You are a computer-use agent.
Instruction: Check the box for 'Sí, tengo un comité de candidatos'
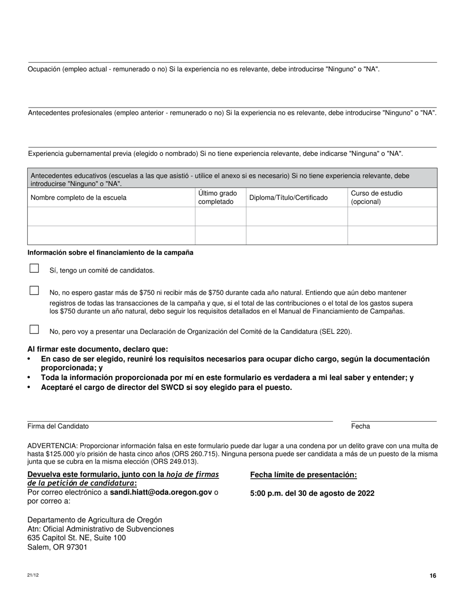(x=34, y=268)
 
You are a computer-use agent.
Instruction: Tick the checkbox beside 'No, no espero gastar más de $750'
(x=34, y=291)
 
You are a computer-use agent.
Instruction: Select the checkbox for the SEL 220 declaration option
(x=34, y=329)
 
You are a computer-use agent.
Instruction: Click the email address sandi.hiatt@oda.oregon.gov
(x=161, y=492)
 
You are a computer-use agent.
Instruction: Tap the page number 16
(x=433, y=576)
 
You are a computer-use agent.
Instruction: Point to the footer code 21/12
(x=33, y=575)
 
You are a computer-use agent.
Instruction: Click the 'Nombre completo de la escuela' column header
(x=79, y=198)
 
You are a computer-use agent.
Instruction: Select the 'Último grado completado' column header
(x=218, y=197)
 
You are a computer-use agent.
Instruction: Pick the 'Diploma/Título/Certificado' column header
(x=289, y=198)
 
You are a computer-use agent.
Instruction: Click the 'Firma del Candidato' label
(x=58, y=426)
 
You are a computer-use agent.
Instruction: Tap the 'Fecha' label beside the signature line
(x=360, y=426)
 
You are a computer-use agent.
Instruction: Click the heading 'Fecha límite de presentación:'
(x=303, y=475)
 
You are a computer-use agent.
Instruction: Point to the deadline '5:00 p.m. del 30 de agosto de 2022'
(x=312, y=494)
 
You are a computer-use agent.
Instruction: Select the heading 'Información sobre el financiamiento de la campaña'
(x=110, y=253)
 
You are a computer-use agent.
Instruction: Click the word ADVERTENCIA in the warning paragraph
(x=52, y=446)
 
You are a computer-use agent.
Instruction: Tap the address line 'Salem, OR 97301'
(x=57, y=547)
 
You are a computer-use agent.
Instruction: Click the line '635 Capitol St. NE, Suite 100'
(x=77, y=538)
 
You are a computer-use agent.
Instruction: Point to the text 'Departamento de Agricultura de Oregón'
(x=95, y=520)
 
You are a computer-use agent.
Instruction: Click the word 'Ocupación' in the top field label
(x=44, y=69)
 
